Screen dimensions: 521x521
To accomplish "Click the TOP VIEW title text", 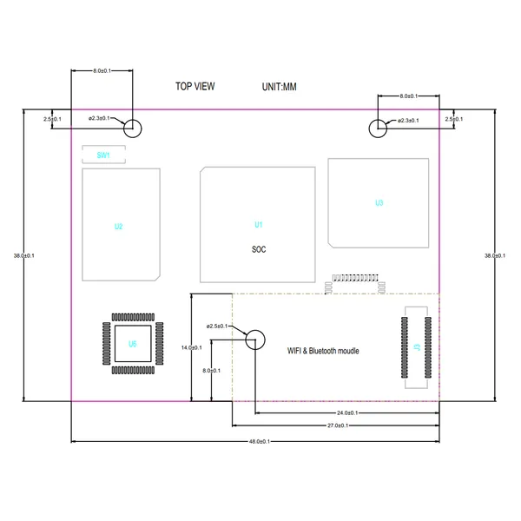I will (195, 86).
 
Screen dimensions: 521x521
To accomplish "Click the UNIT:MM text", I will (279, 87).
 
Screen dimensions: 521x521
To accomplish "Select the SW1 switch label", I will (102, 155).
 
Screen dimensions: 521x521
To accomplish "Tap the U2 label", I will (118, 227).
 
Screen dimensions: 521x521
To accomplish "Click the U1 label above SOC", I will (258, 225).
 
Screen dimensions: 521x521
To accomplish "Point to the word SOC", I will (258, 249).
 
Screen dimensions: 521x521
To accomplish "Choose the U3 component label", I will (379, 203).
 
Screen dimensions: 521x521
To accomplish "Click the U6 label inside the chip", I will (132, 344).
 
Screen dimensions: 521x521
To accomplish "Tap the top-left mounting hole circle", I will (132, 129).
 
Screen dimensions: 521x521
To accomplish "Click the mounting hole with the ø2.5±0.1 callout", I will (255, 340).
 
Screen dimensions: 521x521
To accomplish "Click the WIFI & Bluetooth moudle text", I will (323, 352).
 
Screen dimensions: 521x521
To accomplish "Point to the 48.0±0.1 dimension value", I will (259, 442).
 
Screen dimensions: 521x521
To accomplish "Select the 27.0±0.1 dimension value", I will (338, 425).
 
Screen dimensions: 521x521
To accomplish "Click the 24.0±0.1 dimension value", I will (346, 413).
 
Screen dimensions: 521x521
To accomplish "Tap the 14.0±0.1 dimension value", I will (191, 347).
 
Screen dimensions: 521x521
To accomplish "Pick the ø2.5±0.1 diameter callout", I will (217, 326).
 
